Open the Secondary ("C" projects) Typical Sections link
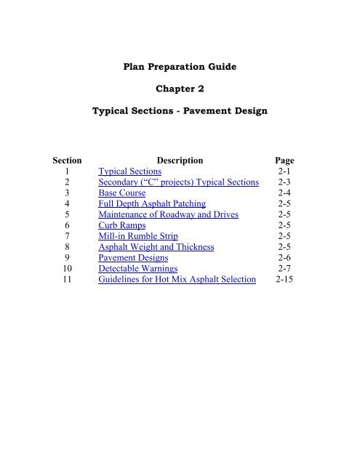178,184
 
